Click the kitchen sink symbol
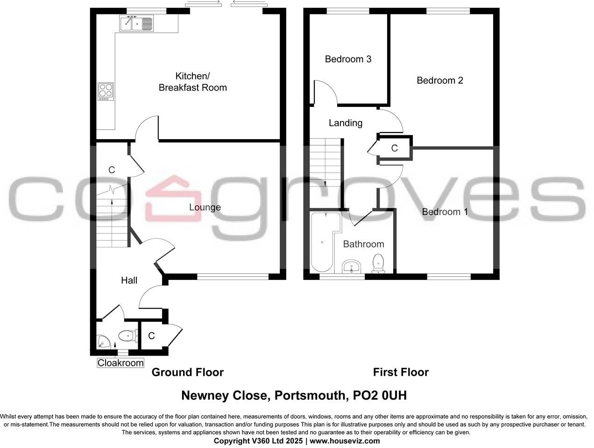tap(136, 23)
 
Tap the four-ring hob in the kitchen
tap(106, 91)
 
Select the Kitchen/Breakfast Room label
tap(192, 82)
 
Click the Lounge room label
tap(205, 207)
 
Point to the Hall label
tap(129, 280)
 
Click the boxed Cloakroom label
tap(120, 363)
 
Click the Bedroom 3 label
tap(348, 59)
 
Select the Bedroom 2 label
tap(439, 80)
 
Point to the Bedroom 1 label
tap(445, 212)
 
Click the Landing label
tap(345, 123)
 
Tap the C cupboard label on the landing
tap(394, 148)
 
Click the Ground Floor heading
tap(187, 372)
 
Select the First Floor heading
tap(400, 372)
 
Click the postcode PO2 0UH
tap(381, 396)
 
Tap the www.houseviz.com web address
tap(345, 441)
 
